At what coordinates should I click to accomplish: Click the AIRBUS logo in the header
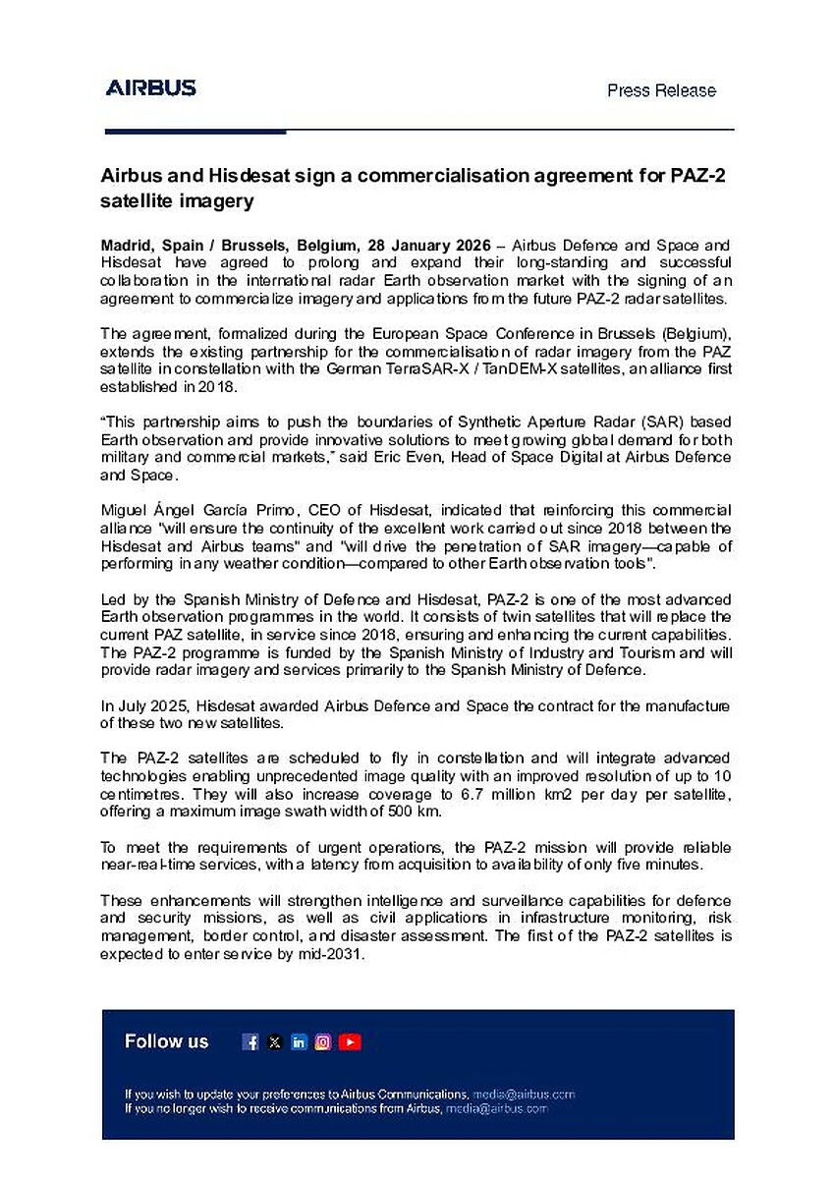pos(150,88)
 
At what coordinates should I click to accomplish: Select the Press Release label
pos(661,90)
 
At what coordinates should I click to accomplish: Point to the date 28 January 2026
pos(427,244)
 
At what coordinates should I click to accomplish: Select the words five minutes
pos(672,865)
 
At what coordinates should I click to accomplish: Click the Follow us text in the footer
pos(166,1041)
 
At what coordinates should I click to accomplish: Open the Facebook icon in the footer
pos(250,1042)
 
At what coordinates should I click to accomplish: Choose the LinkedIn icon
pos(299,1042)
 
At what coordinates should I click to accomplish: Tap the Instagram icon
pos(323,1042)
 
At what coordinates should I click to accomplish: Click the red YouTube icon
pos(350,1042)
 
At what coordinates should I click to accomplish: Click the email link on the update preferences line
pos(523,1094)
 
